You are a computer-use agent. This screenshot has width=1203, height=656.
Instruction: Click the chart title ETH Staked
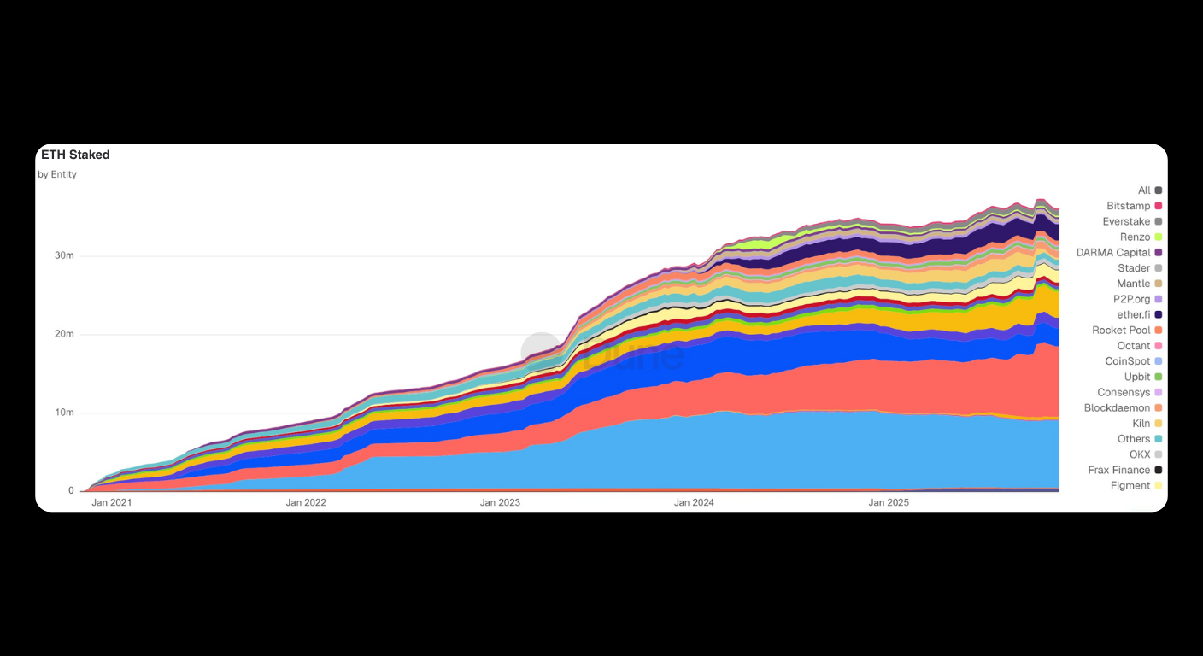(x=75, y=155)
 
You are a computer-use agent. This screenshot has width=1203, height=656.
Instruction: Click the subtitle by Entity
(x=57, y=174)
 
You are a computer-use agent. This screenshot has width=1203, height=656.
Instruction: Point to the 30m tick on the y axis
(x=65, y=255)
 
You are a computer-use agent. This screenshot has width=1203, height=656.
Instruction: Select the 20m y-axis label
(x=65, y=334)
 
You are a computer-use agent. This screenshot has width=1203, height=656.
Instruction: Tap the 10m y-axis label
(x=65, y=413)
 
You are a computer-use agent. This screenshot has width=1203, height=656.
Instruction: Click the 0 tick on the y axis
(x=72, y=491)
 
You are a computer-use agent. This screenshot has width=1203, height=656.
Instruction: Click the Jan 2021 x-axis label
(x=111, y=502)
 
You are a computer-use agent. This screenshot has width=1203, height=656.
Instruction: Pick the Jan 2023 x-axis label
(x=500, y=502)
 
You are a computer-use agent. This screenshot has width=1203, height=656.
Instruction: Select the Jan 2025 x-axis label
(x=889, y=502)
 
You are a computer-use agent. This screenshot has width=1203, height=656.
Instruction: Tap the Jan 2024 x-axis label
(x=694, y=502)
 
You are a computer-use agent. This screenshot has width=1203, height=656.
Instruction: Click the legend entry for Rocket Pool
(x=1121, y=331)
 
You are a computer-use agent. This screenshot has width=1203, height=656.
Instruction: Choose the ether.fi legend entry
(x=1133, y=315)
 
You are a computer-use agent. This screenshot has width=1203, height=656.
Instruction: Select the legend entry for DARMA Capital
(x=1113, y=253)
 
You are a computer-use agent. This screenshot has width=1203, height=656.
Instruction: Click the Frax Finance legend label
(x=1119, y=471)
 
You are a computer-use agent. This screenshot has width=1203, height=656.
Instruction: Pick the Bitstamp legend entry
(x=1128, y=206)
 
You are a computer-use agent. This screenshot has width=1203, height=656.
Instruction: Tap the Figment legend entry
(x=1130, y=486)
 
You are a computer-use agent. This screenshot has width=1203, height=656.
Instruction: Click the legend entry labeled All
(x=1144, y=190)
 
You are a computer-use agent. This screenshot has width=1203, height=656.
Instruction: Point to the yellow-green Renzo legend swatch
(x=1159, y=237)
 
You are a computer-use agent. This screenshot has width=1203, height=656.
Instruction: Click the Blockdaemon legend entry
(x=1117, y=408)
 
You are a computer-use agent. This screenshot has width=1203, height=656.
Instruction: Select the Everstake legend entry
(x=1126, y=222)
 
